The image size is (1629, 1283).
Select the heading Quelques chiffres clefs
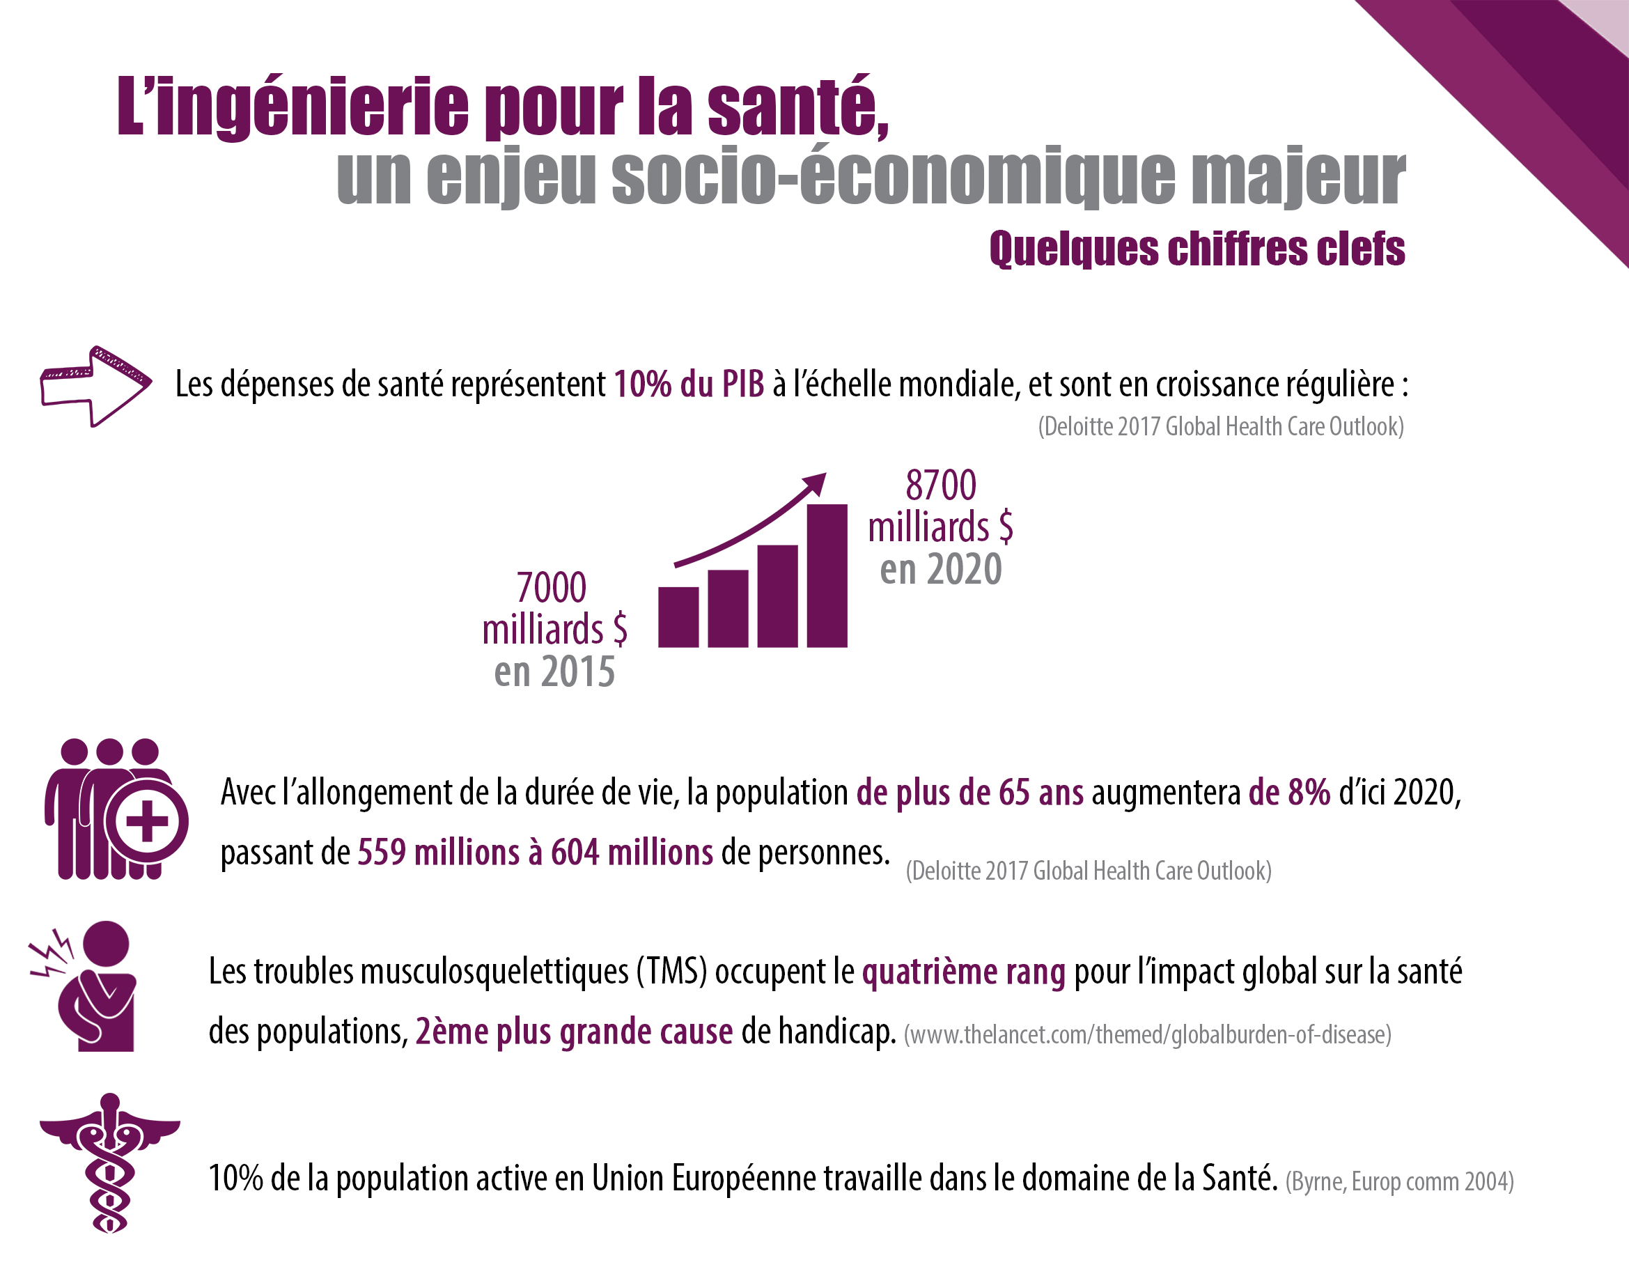1197,249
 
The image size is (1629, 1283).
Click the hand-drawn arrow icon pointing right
95,386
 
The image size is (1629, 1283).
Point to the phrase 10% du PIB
688,384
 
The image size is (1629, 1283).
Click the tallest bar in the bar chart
827,576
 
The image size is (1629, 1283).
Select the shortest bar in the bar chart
678,617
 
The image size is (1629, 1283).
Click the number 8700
940,485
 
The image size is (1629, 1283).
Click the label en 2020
940,569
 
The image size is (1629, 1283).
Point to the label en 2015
554,672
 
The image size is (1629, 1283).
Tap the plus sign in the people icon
147,821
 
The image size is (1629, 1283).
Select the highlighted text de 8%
1288,793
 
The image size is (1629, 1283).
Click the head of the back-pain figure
106,942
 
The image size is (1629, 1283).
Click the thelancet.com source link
1148,1035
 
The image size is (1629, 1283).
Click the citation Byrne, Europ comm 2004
1399,1182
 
